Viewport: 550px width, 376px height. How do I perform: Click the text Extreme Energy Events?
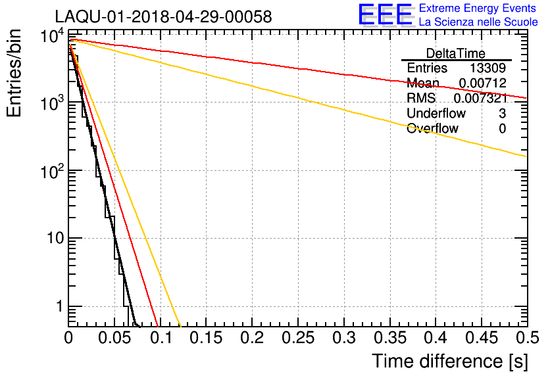click(478, 9)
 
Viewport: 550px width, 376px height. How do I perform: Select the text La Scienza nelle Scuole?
click(478, 22)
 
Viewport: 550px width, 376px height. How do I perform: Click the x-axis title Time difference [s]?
click(449, 361)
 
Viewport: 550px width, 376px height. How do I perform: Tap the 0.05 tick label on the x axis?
click(114, 339)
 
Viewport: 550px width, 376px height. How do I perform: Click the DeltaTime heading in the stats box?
click(455, 53)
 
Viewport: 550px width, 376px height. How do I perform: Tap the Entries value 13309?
click(488, 68)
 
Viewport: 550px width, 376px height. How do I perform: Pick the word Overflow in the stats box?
click(432, 129)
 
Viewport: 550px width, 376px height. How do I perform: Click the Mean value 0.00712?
click(484, 83)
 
